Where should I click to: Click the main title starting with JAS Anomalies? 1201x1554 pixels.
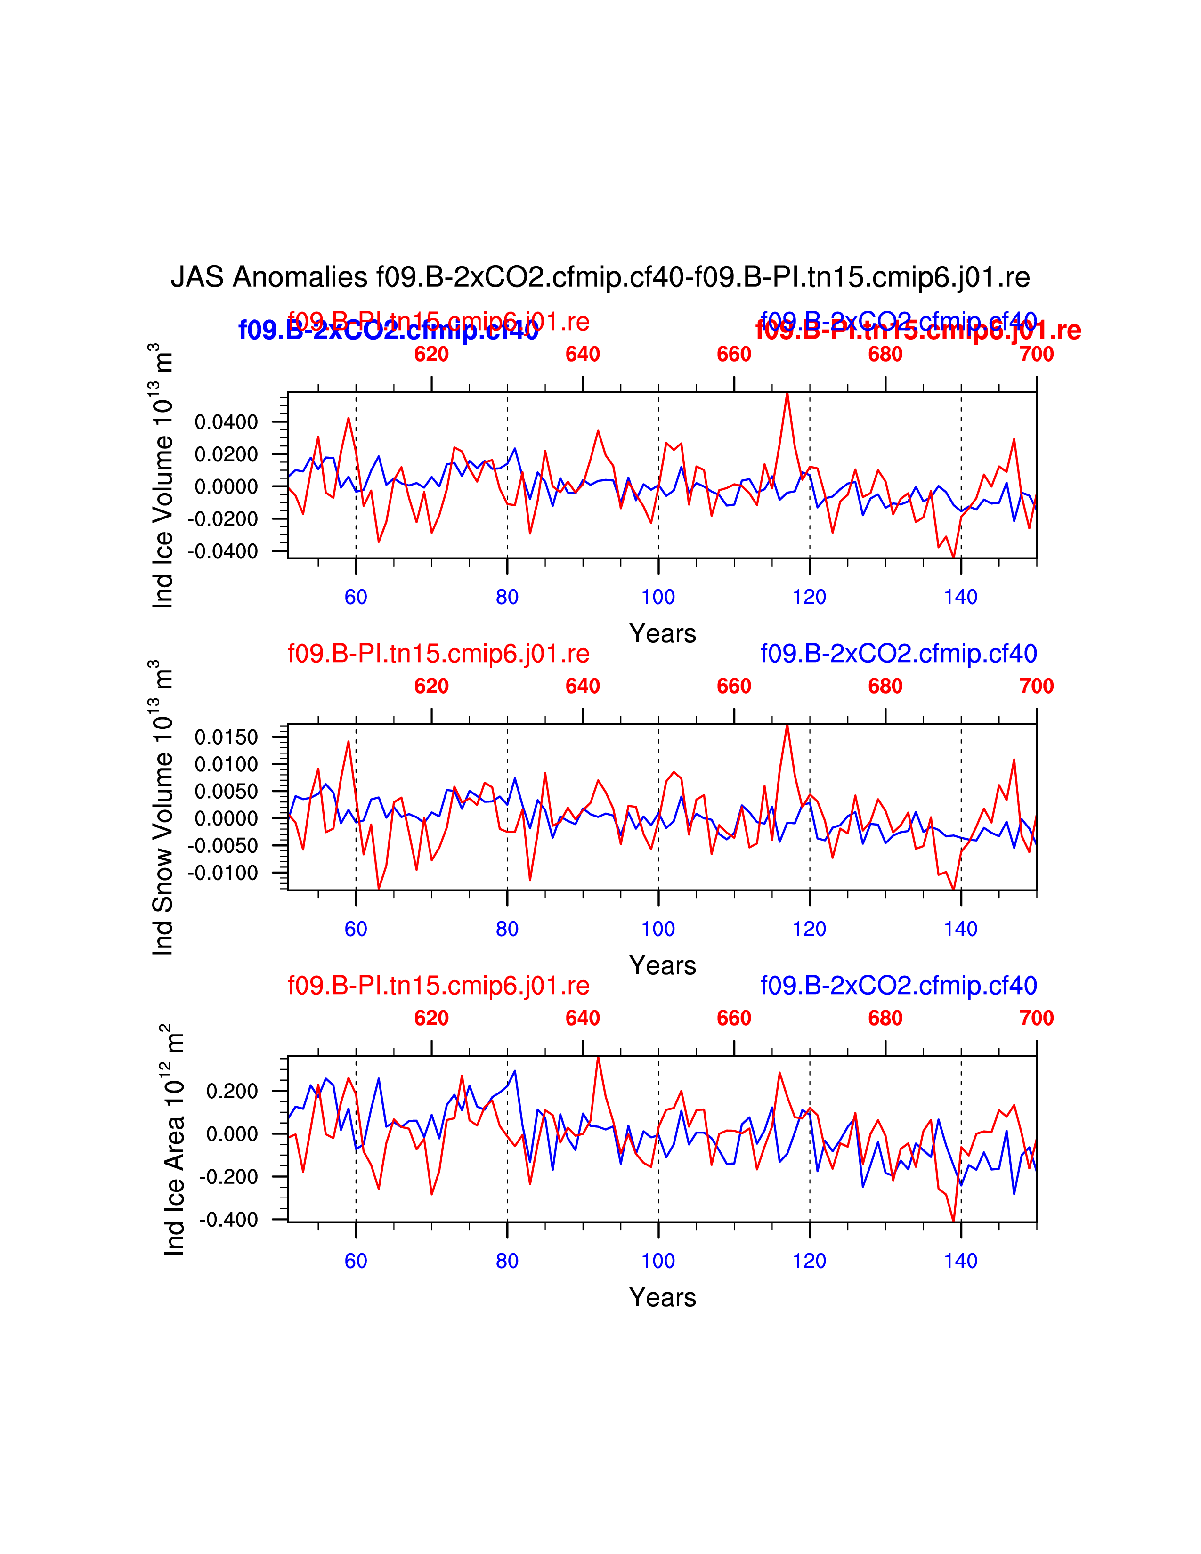pos(600,277)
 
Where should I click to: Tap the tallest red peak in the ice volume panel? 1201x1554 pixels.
pos(787,394)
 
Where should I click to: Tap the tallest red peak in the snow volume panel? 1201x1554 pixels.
pos(787,726)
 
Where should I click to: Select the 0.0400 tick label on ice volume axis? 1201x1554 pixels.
pos(226,422)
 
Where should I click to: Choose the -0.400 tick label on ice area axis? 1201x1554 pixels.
pos(228,1220)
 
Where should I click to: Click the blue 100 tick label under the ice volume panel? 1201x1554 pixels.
pos(658,597)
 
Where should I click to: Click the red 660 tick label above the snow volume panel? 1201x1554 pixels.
pos(733,686)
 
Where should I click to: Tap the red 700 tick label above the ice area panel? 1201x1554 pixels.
pos(1036,1018)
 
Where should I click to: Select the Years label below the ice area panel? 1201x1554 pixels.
pos(662,1297)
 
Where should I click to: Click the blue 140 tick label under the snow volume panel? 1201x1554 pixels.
pos(960,929)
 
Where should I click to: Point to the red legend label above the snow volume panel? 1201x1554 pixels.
pos(438,653)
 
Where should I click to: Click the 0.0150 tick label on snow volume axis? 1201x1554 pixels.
pos(226,737)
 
